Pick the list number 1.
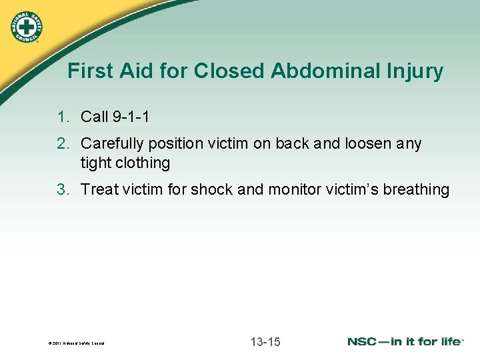pyautogui.click(x=63, y=117)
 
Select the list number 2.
pyautogui.click(x=63, y=144)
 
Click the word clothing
pyautogui.click(x=143, y=163)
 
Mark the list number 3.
pyautogui.click(x=63, y=189)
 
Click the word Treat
pyautogui.click(x=99, y=189)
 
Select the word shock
pyautogui.click(x=212, y=189)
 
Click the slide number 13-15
pyautogui.click(x=265, y=342)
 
